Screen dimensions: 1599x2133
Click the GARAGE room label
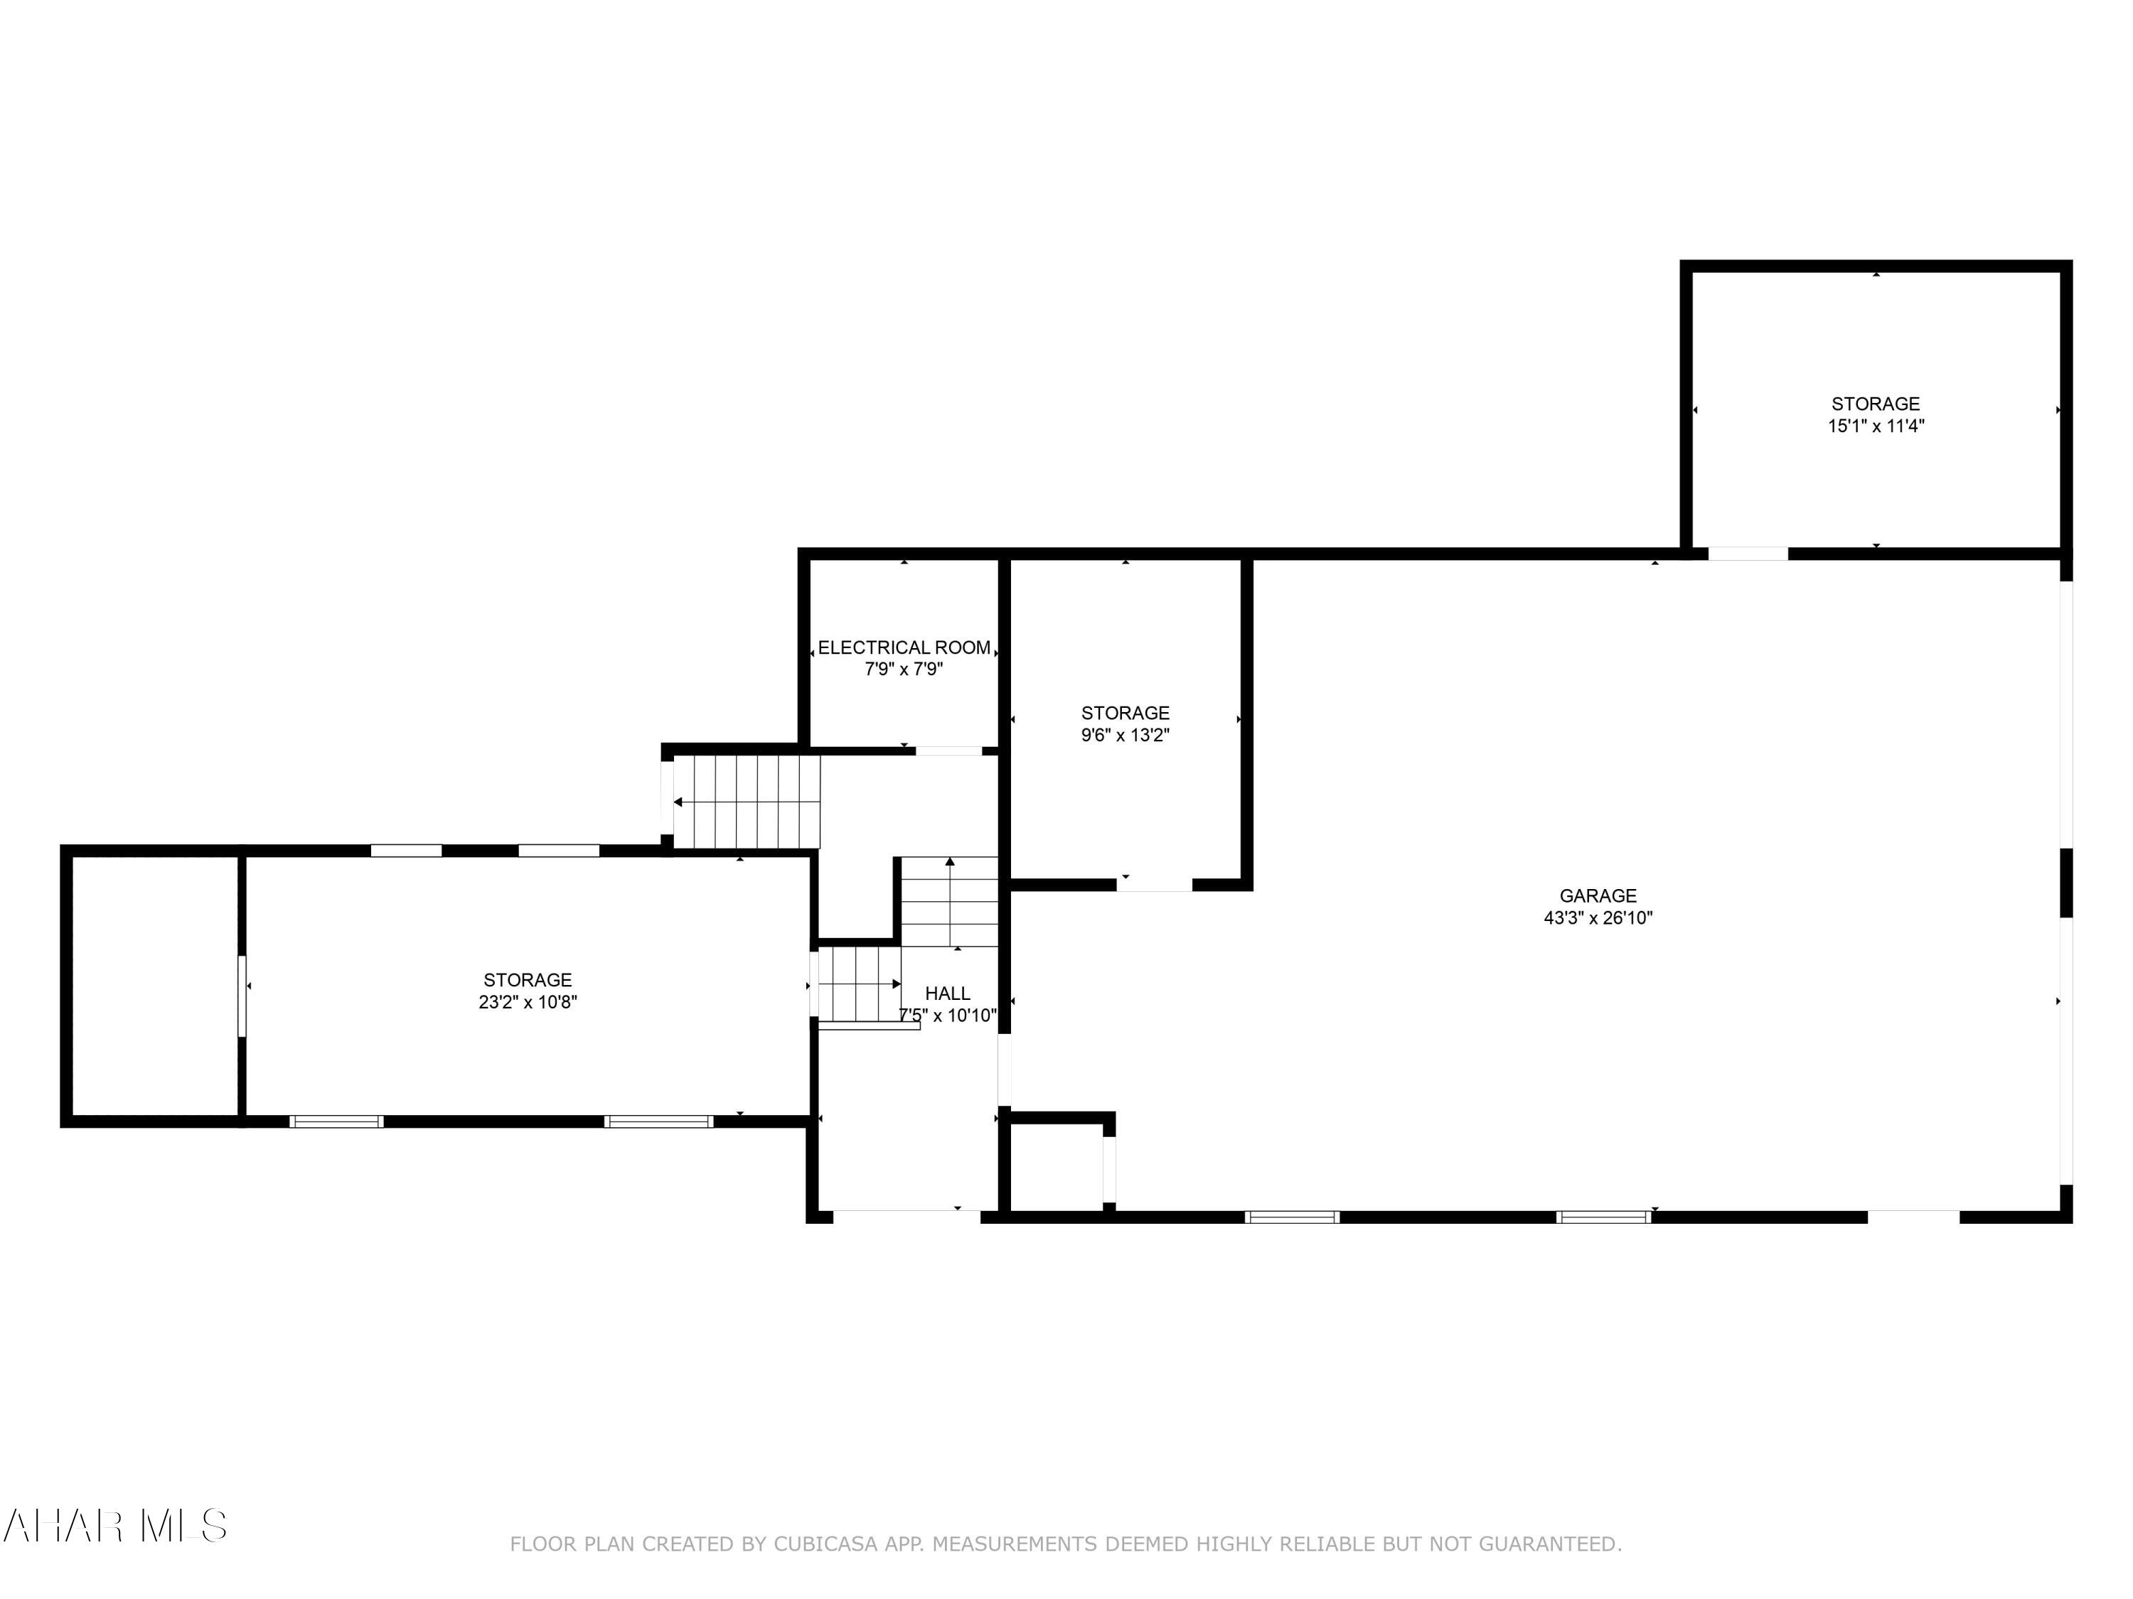pyautogui.click(x=1598, y=895)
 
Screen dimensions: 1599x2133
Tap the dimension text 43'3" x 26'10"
pyautogui.click(x=1598, y=918)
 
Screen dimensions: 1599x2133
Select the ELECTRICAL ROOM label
pyautogui.click(x=904, y=647)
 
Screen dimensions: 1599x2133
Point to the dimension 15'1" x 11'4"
pyautogui.click(x=1876, y=426)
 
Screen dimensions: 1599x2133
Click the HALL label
pyautogui.click(x=947, y=993)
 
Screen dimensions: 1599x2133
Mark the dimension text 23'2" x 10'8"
pyautogui.click(x=528, y=1002)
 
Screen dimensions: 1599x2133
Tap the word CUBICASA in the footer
pyautogui.click(x=825, y=1544)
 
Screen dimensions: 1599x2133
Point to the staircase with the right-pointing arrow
pyautogui.click(x=859, y=984)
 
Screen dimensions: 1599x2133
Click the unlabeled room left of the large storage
pyautogui.click(x=152, y=986)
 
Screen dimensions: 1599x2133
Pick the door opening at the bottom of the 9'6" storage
pyautogui.click(x=1154, y=885)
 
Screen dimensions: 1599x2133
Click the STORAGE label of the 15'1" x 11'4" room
pyautogui.click(x=1876, y=404)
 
